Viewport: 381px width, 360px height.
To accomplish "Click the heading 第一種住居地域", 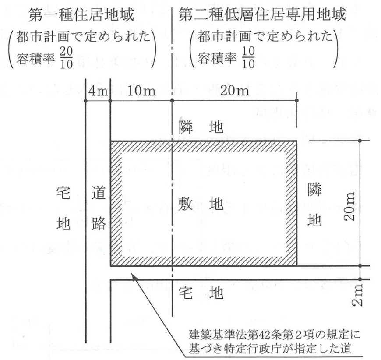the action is (x=81, y=15).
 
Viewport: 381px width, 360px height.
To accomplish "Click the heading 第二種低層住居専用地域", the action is (x=262, y=14).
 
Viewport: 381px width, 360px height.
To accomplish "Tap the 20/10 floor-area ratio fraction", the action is (x=66, y=58).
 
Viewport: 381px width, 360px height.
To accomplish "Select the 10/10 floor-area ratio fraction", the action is (x=248, y=57).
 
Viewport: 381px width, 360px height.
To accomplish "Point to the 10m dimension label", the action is (x=141, y=91).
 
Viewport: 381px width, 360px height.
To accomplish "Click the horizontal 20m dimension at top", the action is (x=235, y=91).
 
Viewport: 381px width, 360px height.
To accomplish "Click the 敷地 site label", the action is (x=201, y=204).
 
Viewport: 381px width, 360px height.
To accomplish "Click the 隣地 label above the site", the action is (x=201, y=127).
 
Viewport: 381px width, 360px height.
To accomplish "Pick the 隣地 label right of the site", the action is (x=314, y=205).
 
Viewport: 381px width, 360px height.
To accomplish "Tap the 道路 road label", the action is (x=99, y=208).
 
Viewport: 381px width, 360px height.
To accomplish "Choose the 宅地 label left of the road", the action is (x=63, y=208).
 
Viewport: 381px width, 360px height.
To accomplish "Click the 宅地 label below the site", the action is (x=201, y=293).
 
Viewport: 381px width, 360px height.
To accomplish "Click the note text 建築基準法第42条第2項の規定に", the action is (x=275, y=335).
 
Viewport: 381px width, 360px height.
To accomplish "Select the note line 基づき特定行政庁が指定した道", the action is (x=270, y=349).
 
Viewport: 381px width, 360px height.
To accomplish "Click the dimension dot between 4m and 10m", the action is (x=110, y=101).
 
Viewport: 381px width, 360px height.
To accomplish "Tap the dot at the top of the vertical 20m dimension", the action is (x=360, y=141).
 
